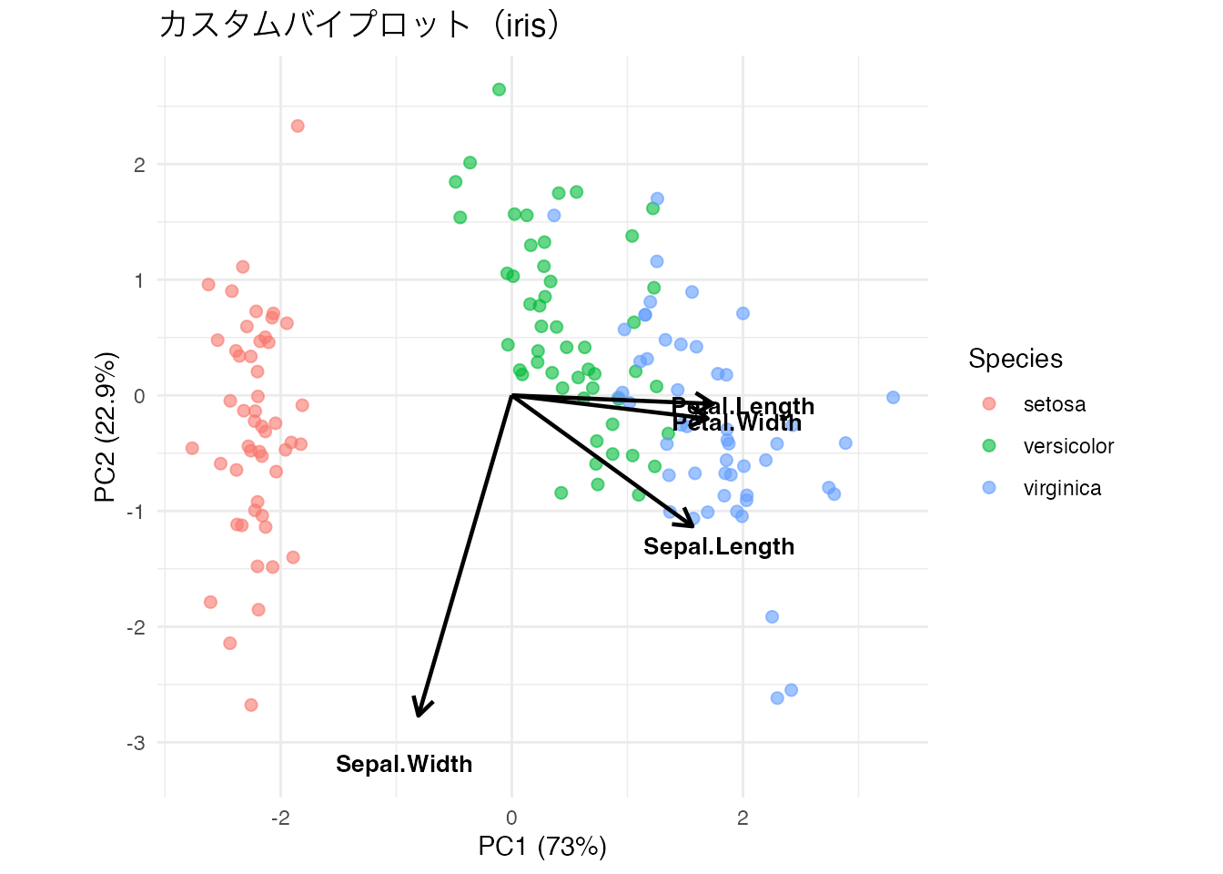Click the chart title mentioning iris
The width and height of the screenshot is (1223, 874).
[x=359, y=25]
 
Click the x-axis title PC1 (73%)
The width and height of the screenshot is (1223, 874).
[x=542, y=847]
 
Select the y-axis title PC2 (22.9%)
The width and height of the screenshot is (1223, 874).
[x=106, y=426]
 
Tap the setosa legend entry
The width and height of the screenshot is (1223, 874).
[x=1054, y=404]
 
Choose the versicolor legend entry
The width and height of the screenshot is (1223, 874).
[x=1068, y=446]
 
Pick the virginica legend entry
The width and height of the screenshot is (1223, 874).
[x=1062, y=488]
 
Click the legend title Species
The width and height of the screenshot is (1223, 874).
[x=1015, y=359]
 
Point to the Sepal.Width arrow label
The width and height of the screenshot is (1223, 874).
[x=404, y=764]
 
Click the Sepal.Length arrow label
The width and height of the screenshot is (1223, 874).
[x=719, y=546]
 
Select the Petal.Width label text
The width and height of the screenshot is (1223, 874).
[x=737, y=423]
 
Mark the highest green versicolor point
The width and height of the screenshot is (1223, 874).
[x=499, y=89]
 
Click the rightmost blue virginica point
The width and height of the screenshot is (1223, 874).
[x=893, y=397]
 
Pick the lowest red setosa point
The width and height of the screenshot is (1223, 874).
[x=251, y=705]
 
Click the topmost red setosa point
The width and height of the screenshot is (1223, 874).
[x=298, y=126]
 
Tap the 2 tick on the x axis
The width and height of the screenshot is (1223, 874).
[x=743, y=818]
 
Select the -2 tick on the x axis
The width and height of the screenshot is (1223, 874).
[x=280, y=818]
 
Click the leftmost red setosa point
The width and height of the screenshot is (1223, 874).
[x=192, y=448]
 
